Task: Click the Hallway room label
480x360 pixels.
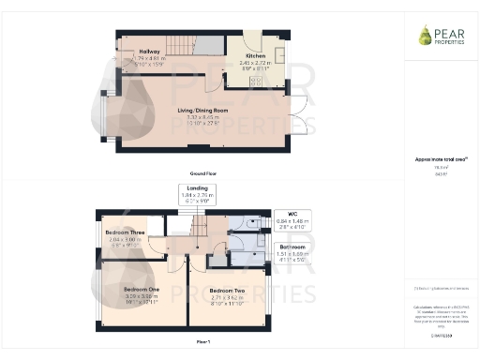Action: [x=149, y=51]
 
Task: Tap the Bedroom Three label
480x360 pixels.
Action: [x=125, y=232]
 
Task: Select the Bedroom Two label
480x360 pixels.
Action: [x=228, y=290]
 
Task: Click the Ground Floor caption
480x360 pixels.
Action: [x=197, y=174]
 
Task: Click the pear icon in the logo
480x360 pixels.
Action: [x=426, y=36]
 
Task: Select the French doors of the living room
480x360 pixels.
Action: [x=298, y=116]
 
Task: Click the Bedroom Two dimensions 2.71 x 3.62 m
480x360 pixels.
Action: [x=228, y=298]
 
